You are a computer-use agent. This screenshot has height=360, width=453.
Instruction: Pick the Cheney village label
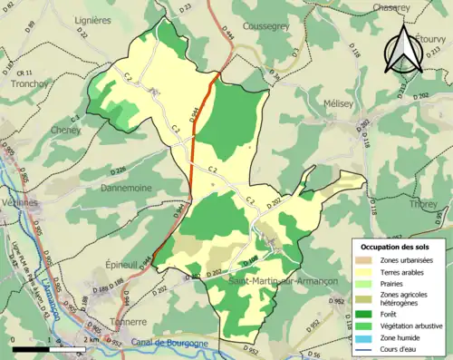pos(41,130)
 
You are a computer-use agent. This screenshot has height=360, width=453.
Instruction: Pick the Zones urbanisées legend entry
pos(402,259)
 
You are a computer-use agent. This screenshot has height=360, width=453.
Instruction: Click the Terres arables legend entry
pos(400,271)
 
